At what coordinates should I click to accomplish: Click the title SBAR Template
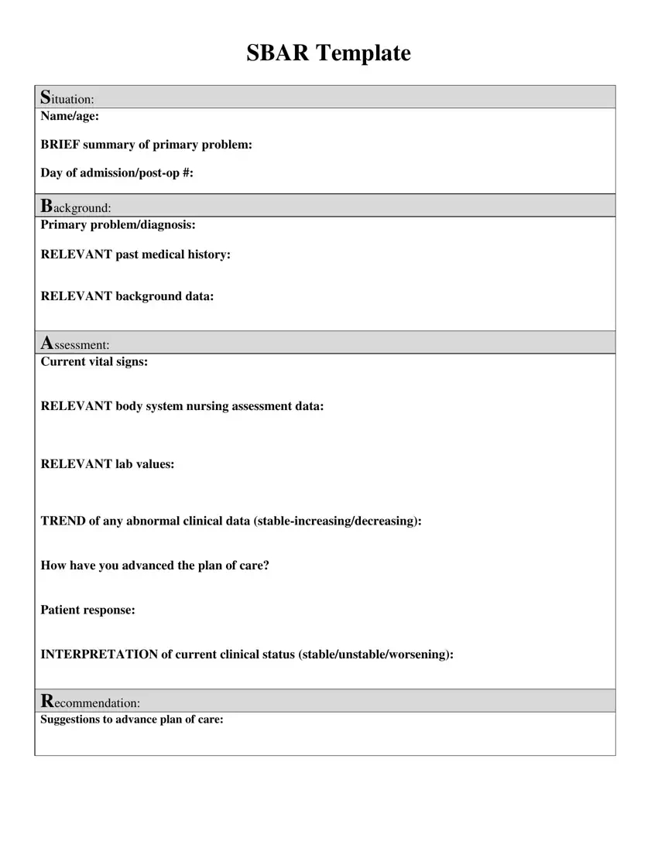click(328, 53)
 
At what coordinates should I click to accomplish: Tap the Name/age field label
click(70, 117)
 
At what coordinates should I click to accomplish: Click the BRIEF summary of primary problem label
click(146, 145)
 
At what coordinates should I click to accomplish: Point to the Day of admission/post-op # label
click(117, 173)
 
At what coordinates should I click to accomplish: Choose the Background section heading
click(75, 207)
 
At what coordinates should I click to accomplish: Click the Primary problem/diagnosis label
click(118, 225)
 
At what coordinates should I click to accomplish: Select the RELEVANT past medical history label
click(135, 255)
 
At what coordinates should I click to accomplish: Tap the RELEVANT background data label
click(127, 296)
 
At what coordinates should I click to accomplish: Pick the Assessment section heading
click(74, 343)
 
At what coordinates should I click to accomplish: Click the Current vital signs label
click(94, 362)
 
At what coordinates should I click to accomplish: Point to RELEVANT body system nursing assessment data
click(182, 406)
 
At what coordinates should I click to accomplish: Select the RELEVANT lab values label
click(107, 464)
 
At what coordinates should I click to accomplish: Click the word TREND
click(63, 521)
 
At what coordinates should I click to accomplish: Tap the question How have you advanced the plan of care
click(155, 566)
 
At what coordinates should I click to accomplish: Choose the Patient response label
click(87, 610)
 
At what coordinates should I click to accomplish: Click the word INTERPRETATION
click(98, 654)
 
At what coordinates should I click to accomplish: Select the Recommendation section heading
click(90, 702)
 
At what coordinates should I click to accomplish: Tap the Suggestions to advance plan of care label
click(132, 719)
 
